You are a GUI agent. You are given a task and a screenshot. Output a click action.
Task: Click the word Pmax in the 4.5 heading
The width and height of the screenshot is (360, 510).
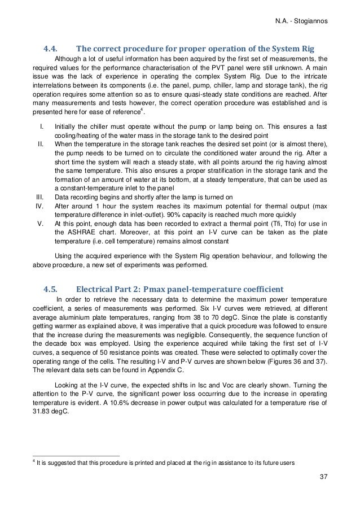pos(165,292)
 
